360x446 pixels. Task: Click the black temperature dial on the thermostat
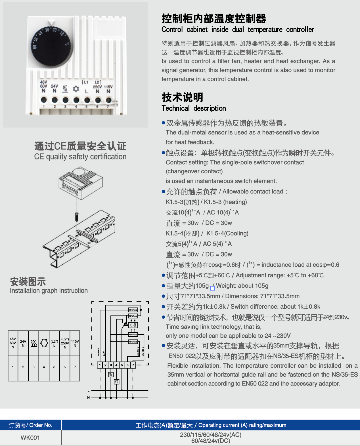[51, 45]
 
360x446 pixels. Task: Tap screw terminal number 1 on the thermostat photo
[44, 100]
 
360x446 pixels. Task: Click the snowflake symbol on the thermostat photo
[76, 89]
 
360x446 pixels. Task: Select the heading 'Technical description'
[194, 108]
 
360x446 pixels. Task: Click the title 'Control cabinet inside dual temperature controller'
[238, 30]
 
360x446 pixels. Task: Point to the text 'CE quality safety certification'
[80, 157]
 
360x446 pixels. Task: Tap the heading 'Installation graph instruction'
[49, 291]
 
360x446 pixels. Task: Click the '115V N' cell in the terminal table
[75, 343]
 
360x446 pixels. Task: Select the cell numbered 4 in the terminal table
[44, 367]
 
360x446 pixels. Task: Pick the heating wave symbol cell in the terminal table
[34, 343]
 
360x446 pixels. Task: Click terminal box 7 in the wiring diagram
[133, 365]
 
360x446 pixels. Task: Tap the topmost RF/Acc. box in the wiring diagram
[133, 310]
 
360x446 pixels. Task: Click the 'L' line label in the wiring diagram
[88, 391]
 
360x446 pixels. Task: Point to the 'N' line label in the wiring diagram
[88, 397]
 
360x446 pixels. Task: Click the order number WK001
[30, 438]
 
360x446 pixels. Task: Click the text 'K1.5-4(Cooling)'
[227, 233]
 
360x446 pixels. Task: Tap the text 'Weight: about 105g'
[242, 286]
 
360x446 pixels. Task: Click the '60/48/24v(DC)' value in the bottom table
[211, 441]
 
